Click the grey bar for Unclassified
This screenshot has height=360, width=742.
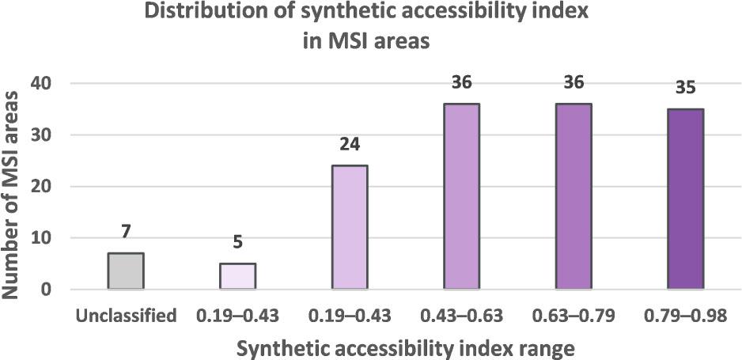(125, 271)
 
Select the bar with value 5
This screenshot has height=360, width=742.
(237, 276)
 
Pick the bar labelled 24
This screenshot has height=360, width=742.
(349, 227)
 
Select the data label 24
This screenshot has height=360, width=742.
(349, 146)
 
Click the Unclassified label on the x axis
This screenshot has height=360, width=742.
(126, 316)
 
